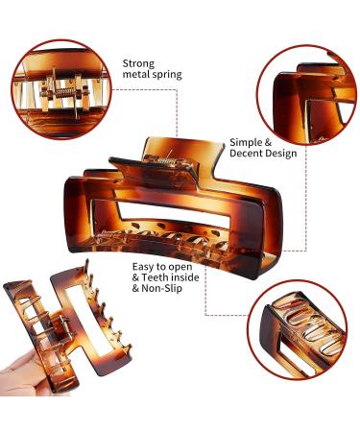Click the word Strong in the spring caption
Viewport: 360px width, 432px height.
tap(138, 63)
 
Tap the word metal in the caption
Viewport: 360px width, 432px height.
tap(134, 74)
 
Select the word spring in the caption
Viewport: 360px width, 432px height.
tap(165, 75)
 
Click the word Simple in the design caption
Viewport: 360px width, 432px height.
tap(246, 143)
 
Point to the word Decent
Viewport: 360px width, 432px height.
tap(246, 154)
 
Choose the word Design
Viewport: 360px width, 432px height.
tap(280, 154)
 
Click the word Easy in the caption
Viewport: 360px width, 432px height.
tap(144, 267)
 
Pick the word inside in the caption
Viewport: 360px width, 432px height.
tap(184, 277)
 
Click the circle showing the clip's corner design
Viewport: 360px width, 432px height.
tap(306, 95)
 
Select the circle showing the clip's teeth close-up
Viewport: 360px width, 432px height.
tap(298, 330)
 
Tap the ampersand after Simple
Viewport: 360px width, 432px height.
tap(268, 143)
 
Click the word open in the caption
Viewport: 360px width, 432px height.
tap(180, 268)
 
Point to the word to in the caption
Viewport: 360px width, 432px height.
tap(161, 267)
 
